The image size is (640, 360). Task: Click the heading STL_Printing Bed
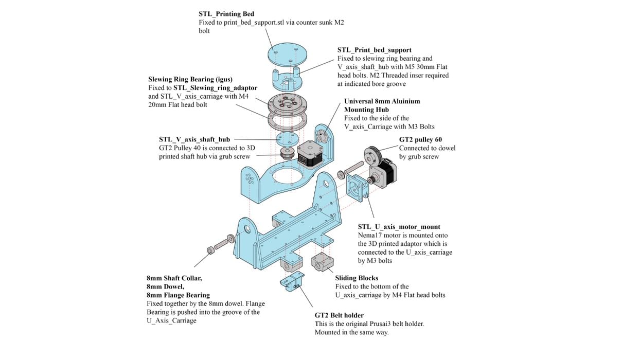[x=226, y=14]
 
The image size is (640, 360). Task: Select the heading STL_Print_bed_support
[x=374, y=50]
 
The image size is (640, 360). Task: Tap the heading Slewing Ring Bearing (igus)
[x=190, y=79]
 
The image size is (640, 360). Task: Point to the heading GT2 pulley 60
[x=420, y=139]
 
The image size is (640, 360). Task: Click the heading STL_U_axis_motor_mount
[x=399, y=227]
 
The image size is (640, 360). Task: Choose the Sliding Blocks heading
[x=357, y=278]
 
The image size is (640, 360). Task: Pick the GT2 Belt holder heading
[x=339, y=315]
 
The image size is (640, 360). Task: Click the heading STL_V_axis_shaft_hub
[x=194, y=139]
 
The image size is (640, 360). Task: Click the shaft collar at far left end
[x=210, y=250]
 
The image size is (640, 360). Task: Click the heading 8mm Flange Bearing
[x=178, y=295]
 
